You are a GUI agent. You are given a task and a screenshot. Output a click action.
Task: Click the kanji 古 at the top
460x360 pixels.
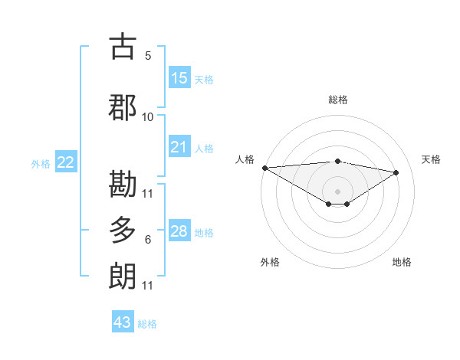click(x=123, y=46)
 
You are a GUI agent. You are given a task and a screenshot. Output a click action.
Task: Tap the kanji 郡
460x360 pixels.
click(x=123, y=107)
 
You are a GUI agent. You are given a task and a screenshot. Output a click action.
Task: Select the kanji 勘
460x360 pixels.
click(x=123, y=184)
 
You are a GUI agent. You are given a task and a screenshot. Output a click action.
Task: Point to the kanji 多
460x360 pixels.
click(x=123, y=230)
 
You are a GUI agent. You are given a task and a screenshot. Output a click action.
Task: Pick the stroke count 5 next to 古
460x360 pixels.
click(x=148, y=55)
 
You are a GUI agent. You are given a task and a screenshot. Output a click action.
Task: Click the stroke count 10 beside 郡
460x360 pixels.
click(x=148, y=116)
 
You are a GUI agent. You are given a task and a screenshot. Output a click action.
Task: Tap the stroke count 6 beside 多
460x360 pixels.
click(x=148, y=240)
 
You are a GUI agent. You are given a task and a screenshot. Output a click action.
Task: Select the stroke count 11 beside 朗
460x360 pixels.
click(x=148, y=286)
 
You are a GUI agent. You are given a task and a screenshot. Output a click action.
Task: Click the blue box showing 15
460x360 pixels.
click(x=179, y=78)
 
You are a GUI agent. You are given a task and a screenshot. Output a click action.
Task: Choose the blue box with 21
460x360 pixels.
click(x=179, y=147)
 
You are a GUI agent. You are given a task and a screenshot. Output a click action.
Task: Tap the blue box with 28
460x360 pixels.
click(x=179, y=231)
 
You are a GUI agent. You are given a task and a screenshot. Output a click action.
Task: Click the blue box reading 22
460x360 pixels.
click(x=65, y=162)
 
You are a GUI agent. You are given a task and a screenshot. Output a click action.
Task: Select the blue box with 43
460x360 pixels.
click(x=123, y=322)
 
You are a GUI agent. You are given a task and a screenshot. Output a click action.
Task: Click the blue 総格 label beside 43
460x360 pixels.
click(x=148, y=324)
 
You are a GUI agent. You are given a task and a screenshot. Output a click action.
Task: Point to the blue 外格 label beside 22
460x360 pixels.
click(x=41, y=163)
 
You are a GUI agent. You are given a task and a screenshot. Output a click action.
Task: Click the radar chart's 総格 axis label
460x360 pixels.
click(x=337, y=100)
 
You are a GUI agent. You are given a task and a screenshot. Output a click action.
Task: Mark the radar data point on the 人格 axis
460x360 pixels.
click(x=264, y=168)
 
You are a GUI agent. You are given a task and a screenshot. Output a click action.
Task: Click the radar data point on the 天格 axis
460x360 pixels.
click(x=396, y=172)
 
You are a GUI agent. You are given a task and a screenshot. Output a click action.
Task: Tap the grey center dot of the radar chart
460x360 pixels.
click(x=337, y=190)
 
